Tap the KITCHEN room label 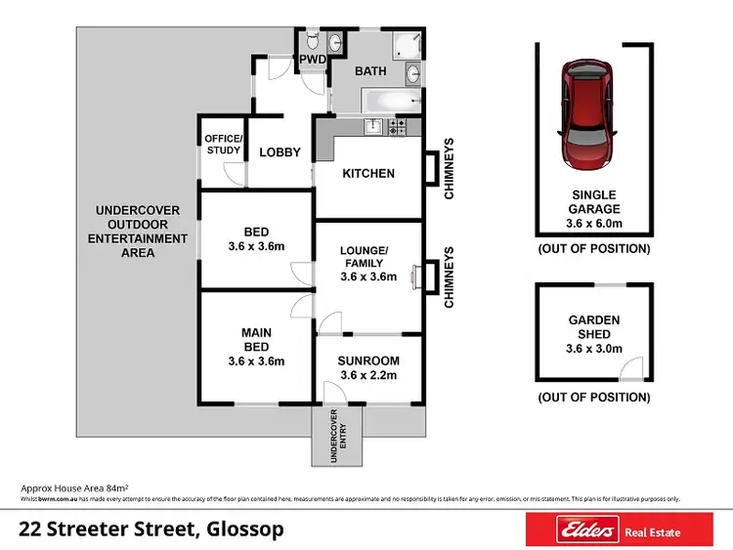(x=367, y=174)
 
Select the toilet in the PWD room (x=311, y=41)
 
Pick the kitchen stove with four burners (x=397, y=126)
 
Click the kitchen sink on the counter (x=371, y=126)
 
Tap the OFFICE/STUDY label (x=222, y=145)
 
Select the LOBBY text (x=280, y=152)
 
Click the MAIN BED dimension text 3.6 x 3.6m (x=256, y=361)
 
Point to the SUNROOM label (x=367, y=360)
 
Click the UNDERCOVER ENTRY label (x=337, y=436)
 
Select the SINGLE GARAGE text (x=594, y=202)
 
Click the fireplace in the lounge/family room (x=416, y=276)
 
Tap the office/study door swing (x=235, y=174)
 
